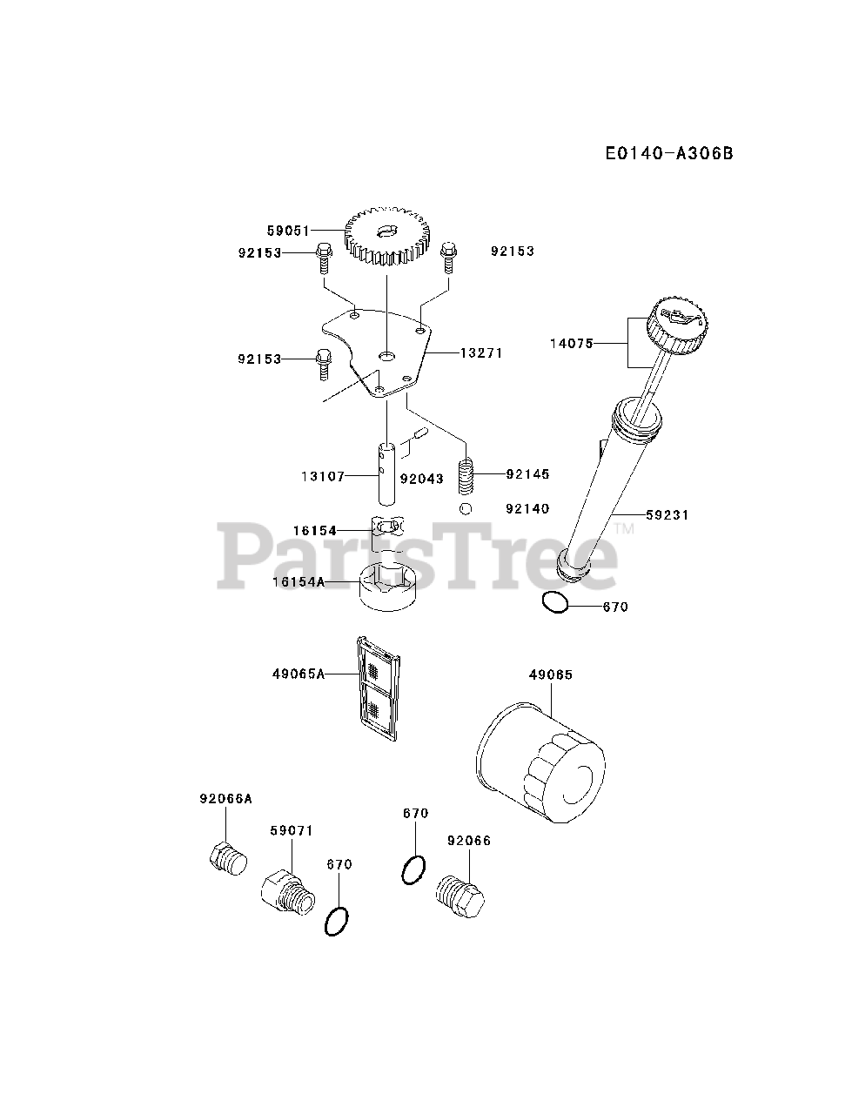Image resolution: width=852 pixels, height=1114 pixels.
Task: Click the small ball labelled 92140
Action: click(x=466, y=508)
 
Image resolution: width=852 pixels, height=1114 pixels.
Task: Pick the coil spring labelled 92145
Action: click(x=466, y=474)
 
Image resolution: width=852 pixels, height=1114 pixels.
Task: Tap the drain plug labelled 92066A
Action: click(x=228, y=859)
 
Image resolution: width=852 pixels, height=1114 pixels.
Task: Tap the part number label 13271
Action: click(x=481, y=353)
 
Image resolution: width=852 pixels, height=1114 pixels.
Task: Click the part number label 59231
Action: click(x=668, y=515)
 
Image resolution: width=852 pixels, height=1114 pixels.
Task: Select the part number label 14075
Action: click(x=571, y=344)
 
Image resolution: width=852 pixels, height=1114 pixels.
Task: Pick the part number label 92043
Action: click(x=421, y=479)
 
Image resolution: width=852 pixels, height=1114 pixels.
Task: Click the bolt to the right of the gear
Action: click(x=449, y=256)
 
